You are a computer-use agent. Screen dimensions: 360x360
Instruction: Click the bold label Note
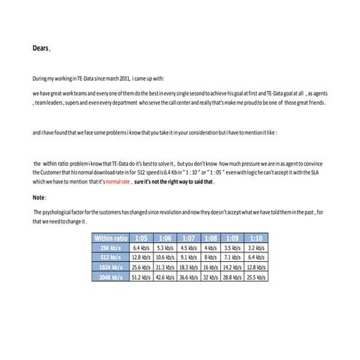tap(39, 196)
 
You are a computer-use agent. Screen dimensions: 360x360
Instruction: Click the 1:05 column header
tap(141, 238)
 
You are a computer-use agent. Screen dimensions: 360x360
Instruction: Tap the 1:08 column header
tap(211, 238)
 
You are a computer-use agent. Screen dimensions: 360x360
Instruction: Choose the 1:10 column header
tap(255, 238)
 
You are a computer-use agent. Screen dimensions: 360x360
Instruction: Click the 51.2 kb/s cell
tap(141, 276)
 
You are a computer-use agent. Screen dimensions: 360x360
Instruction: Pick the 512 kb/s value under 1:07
tap(188, 257)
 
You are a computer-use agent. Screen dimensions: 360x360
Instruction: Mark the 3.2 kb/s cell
tap(255, 248)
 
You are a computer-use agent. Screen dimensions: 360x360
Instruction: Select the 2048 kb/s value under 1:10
tap(255, 276)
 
